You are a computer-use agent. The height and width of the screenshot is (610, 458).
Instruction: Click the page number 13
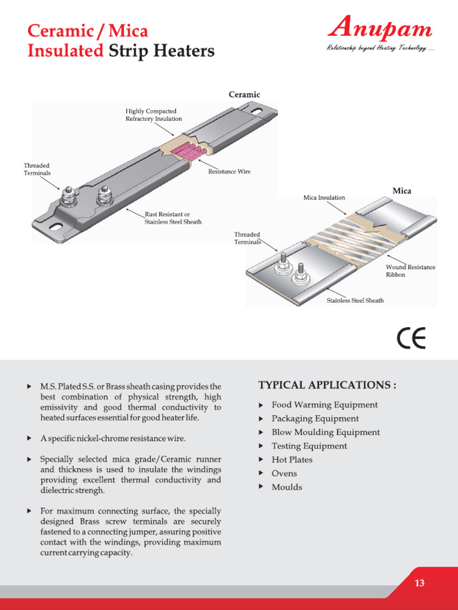click(420, 583)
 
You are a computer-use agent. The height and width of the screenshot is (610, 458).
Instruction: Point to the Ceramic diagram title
click(245, 94)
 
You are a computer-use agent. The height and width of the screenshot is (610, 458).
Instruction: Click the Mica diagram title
click(401, 191)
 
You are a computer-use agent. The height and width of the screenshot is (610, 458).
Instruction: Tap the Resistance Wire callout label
click(229, 172)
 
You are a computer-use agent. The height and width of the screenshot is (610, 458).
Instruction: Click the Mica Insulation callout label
click(323, 197)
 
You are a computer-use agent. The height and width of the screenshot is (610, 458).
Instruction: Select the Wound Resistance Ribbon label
click(410, 271)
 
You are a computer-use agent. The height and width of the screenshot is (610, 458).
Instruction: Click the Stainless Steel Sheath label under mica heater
click(355, 300)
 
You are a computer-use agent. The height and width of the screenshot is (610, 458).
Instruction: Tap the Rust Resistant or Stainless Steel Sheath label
click(173, 217)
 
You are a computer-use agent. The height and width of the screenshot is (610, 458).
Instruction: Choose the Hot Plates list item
click(292, 460)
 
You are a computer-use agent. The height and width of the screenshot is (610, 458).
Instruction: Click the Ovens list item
click(284, 474)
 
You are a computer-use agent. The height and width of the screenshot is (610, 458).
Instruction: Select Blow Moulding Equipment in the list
click(325, 432)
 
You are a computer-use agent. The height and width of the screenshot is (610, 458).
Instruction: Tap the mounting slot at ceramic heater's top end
click(258, 111)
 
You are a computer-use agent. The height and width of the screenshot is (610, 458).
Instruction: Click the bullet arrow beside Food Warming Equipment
click(261, 405)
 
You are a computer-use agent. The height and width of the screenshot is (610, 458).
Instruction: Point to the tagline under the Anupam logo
click(379, 48)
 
